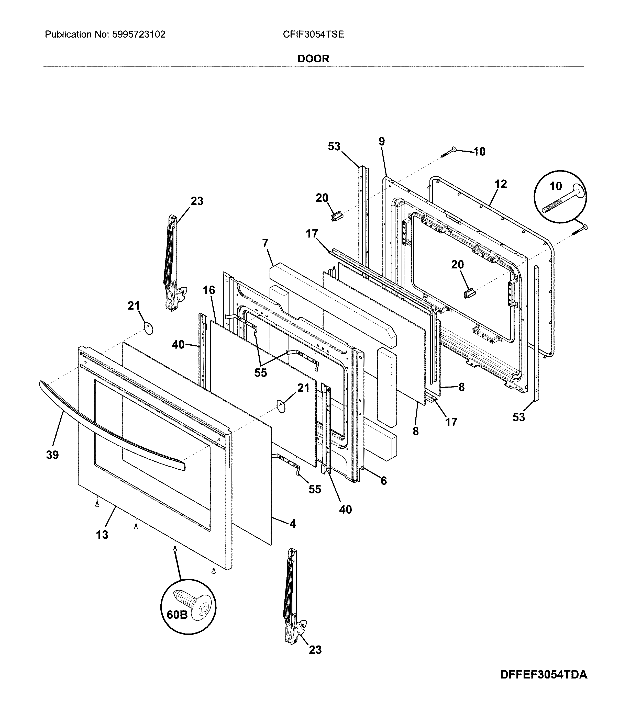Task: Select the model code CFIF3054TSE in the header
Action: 314,34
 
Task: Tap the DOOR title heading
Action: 313,59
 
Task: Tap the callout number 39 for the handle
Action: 52,455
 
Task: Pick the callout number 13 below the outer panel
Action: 102,535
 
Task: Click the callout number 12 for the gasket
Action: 501,184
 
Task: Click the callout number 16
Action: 209,290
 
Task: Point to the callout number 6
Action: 383,481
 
